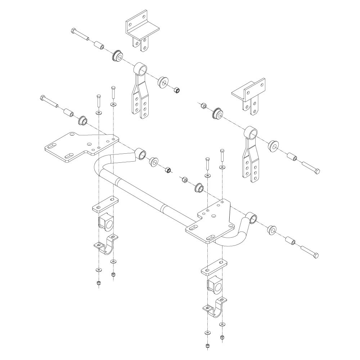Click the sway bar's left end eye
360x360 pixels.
(x=141, y=154)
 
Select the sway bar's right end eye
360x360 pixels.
(x=252, y=218)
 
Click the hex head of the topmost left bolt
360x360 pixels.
(x=74, y=31)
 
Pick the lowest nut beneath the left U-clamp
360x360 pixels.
(x=99, y=283)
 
